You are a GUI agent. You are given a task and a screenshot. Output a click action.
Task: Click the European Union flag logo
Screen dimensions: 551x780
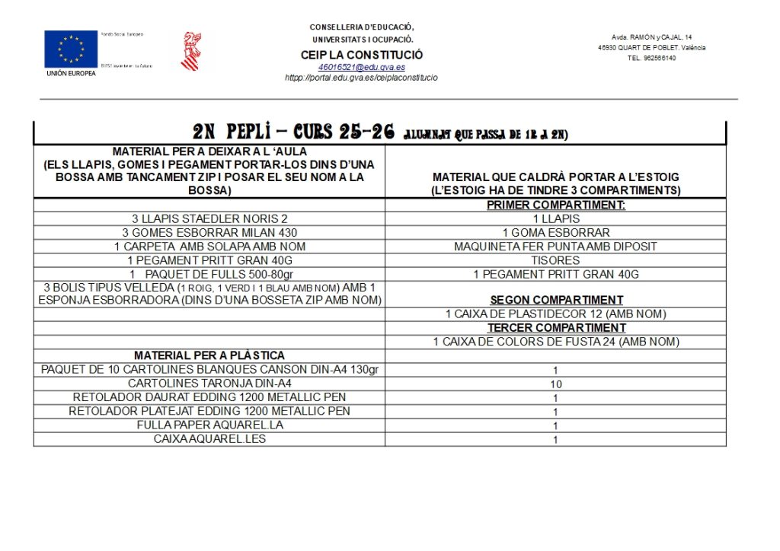(71, 49)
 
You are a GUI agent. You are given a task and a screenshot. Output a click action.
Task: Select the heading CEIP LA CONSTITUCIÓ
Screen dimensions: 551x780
(362, 55)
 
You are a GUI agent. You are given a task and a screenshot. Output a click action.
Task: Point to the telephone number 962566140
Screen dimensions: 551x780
(651, 58)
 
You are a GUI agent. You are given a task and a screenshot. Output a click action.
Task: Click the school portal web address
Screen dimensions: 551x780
(361, 78)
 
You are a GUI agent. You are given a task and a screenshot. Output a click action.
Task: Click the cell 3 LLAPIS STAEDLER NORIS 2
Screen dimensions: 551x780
(209, 218)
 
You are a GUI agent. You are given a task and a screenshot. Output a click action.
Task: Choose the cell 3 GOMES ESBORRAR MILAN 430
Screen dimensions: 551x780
(209, 232)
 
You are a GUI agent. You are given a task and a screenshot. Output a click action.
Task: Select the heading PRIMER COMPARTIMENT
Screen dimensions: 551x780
(555, 205)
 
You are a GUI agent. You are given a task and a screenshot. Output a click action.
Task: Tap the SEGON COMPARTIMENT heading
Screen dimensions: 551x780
(556, 300)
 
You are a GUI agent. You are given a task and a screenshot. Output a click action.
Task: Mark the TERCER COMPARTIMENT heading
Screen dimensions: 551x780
(556, 328)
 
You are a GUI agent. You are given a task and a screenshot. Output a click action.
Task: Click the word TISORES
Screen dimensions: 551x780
(555, 260)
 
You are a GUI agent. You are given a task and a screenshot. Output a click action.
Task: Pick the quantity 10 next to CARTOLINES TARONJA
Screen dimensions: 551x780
(556, 384)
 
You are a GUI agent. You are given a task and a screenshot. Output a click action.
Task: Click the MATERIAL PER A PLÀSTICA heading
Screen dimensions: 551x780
(209, 355)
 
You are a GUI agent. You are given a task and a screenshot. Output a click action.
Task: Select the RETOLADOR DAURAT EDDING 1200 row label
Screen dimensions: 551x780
(209, 397)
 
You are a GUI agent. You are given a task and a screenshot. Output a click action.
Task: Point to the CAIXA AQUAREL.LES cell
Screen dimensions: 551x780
(209, 439)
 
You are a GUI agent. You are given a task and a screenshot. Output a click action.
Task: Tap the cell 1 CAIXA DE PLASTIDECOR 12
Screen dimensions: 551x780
(556, 314)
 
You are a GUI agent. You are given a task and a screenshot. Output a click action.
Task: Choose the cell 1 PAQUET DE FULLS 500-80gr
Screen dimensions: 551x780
(209, 274)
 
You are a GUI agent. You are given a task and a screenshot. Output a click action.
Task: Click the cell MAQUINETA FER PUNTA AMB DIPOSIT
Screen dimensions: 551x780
(555, 247)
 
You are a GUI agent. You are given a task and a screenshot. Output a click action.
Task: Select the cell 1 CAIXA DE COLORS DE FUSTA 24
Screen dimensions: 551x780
(556, 342)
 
